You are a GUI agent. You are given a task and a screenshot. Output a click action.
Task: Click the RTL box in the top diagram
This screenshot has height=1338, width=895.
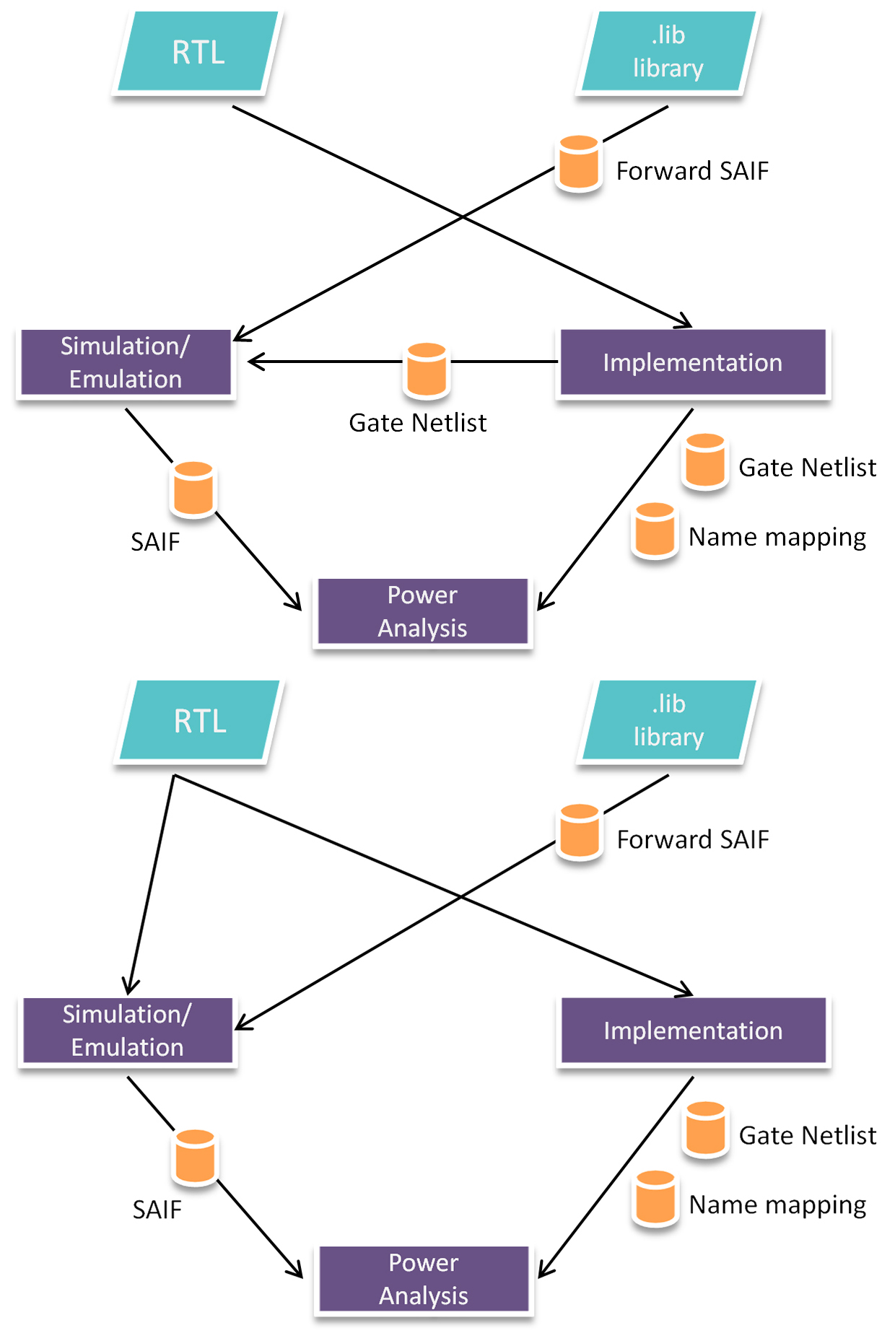[198, 52]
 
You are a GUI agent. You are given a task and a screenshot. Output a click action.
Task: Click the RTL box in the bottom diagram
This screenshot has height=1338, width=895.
[199, 720]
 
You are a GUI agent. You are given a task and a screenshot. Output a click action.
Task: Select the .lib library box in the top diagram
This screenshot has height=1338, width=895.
[668, 52]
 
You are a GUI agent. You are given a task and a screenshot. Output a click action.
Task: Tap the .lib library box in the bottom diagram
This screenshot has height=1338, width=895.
[668, 720]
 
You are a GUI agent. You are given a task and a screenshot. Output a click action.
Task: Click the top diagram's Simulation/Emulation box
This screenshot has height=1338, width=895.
[126, 362]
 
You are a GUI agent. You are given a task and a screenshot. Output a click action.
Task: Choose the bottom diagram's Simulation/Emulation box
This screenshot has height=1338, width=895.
[127, 1031]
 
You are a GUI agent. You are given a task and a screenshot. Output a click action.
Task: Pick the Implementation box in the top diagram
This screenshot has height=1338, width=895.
[692, 362]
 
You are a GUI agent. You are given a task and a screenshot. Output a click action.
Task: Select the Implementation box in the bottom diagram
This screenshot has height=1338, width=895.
[693, 1031]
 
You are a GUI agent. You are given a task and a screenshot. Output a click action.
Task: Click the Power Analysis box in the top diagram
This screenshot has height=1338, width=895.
[423, 611]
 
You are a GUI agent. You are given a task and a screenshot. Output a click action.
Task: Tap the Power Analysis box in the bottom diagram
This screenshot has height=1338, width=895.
[424, 1279]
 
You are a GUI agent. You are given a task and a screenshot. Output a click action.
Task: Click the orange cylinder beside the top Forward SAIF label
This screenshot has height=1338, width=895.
[579, 163]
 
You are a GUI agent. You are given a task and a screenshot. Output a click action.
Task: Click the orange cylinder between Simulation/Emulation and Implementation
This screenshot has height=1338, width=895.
[427, 370]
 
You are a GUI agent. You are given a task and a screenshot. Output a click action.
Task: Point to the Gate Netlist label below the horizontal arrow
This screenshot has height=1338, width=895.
[417, 423]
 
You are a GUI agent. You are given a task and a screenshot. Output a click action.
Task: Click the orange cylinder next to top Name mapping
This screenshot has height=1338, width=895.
[655, 530]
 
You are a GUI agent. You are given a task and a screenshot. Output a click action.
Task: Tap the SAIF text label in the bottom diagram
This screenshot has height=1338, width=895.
[157, 1210]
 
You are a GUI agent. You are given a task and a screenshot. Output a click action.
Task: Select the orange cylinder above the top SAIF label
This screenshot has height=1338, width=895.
[193, 489]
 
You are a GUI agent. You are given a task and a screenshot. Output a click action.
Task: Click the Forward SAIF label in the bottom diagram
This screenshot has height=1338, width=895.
[693, 839]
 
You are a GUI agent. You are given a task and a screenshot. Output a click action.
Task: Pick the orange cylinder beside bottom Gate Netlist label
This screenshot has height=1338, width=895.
[705, 1129]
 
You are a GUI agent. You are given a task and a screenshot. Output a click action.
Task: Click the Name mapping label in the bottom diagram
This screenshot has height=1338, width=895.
[777, 1204]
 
